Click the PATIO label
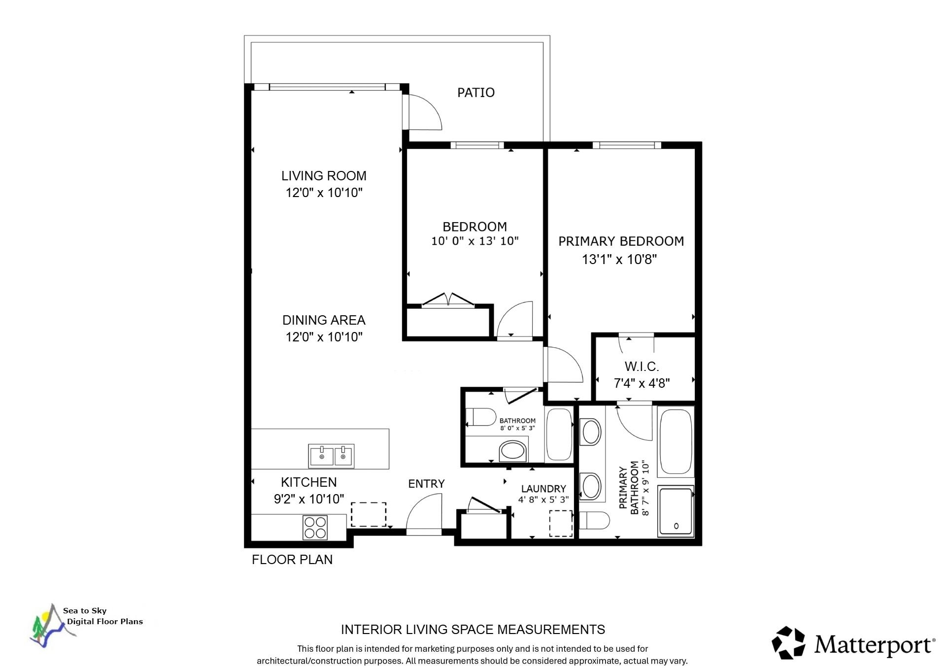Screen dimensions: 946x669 475,93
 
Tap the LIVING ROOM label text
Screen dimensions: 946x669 324,176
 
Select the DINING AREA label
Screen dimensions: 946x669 324,320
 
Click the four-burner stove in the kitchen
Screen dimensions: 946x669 315,527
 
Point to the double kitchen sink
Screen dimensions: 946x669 332,455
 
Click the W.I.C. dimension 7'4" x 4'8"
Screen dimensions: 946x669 642,383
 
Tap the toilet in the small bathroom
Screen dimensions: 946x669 480,417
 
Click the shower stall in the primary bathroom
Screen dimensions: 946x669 676,511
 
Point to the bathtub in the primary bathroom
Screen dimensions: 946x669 676,441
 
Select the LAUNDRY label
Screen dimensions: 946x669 543,489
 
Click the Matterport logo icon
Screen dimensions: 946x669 788,642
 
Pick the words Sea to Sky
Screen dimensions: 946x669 85,611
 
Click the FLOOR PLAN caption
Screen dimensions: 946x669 292,560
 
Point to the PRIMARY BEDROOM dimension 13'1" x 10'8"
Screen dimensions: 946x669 619,259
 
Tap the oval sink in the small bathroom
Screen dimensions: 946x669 513,451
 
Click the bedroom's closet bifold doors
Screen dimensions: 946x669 448,300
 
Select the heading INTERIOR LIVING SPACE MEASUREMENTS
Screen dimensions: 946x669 473,630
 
